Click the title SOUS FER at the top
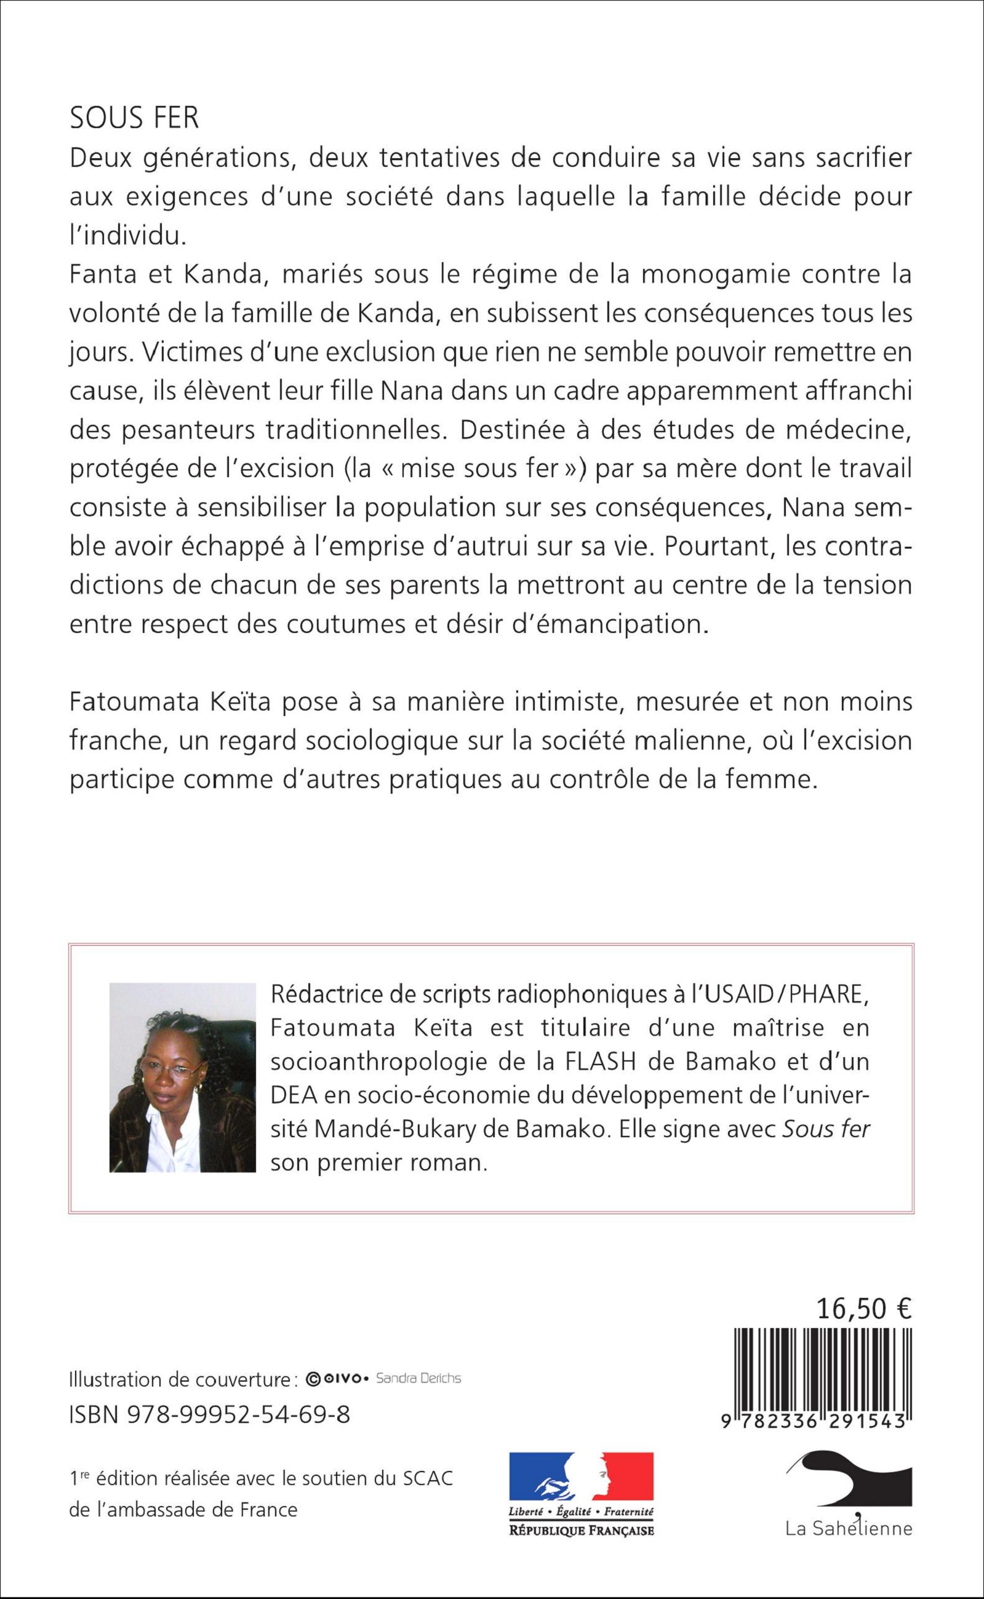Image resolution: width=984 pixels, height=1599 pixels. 134,118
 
